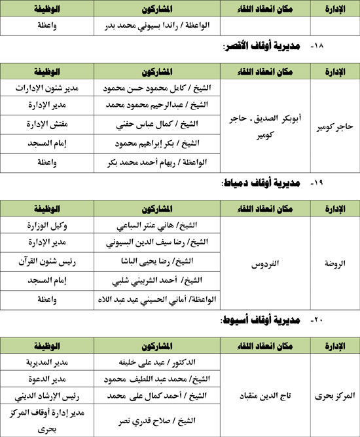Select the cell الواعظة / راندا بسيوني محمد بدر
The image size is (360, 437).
pyautogui.click(x=157, y=26)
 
